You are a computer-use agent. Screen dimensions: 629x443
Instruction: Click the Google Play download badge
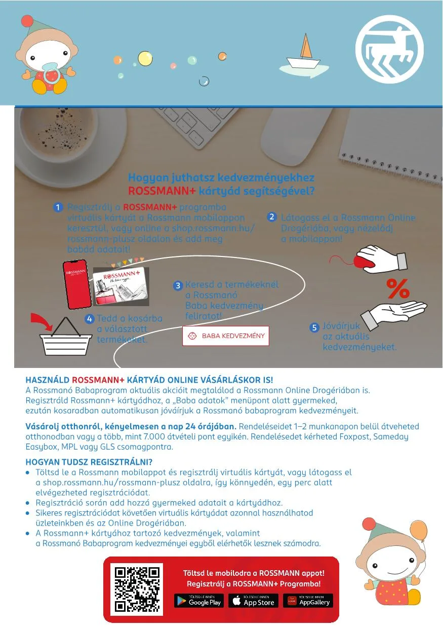tap(199, 601)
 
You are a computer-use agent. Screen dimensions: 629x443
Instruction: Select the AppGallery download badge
tap(308, 601)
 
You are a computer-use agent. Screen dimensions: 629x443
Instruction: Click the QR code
tap(137, 588)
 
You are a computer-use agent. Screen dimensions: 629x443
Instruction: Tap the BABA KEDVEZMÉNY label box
tap(226, 336)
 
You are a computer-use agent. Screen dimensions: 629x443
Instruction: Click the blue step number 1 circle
tap(58, 207)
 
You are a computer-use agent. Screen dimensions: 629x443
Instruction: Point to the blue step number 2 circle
tap(272, 217)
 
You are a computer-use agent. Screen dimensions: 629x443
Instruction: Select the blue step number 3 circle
tap(178, 286)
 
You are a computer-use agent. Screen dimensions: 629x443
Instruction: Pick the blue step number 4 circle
tap(90, 319)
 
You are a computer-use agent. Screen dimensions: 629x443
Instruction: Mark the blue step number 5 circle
tap(314, 327)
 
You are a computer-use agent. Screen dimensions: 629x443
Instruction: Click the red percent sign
tap(398, 289)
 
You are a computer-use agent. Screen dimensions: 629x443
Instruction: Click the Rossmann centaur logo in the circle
tap(389, 49)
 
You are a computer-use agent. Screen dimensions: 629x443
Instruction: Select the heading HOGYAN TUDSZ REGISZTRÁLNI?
tap(89, 462)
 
